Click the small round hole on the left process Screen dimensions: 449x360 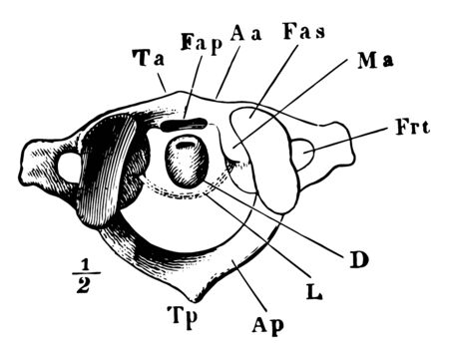click(71, 167)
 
